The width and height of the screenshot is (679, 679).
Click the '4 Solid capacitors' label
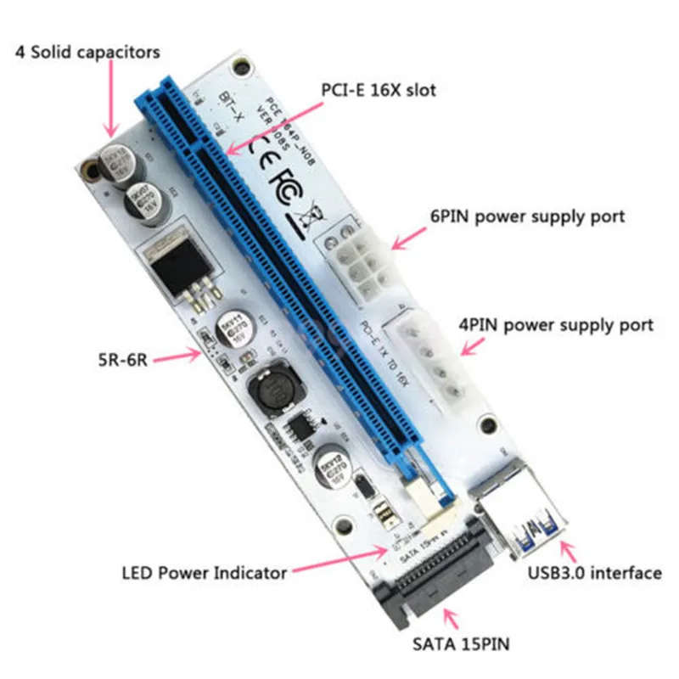[87, 53]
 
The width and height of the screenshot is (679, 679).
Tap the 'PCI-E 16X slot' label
[379, 89]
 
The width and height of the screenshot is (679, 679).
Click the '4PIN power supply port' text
[557, 325]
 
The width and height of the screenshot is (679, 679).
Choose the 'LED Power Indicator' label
[204, 573]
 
